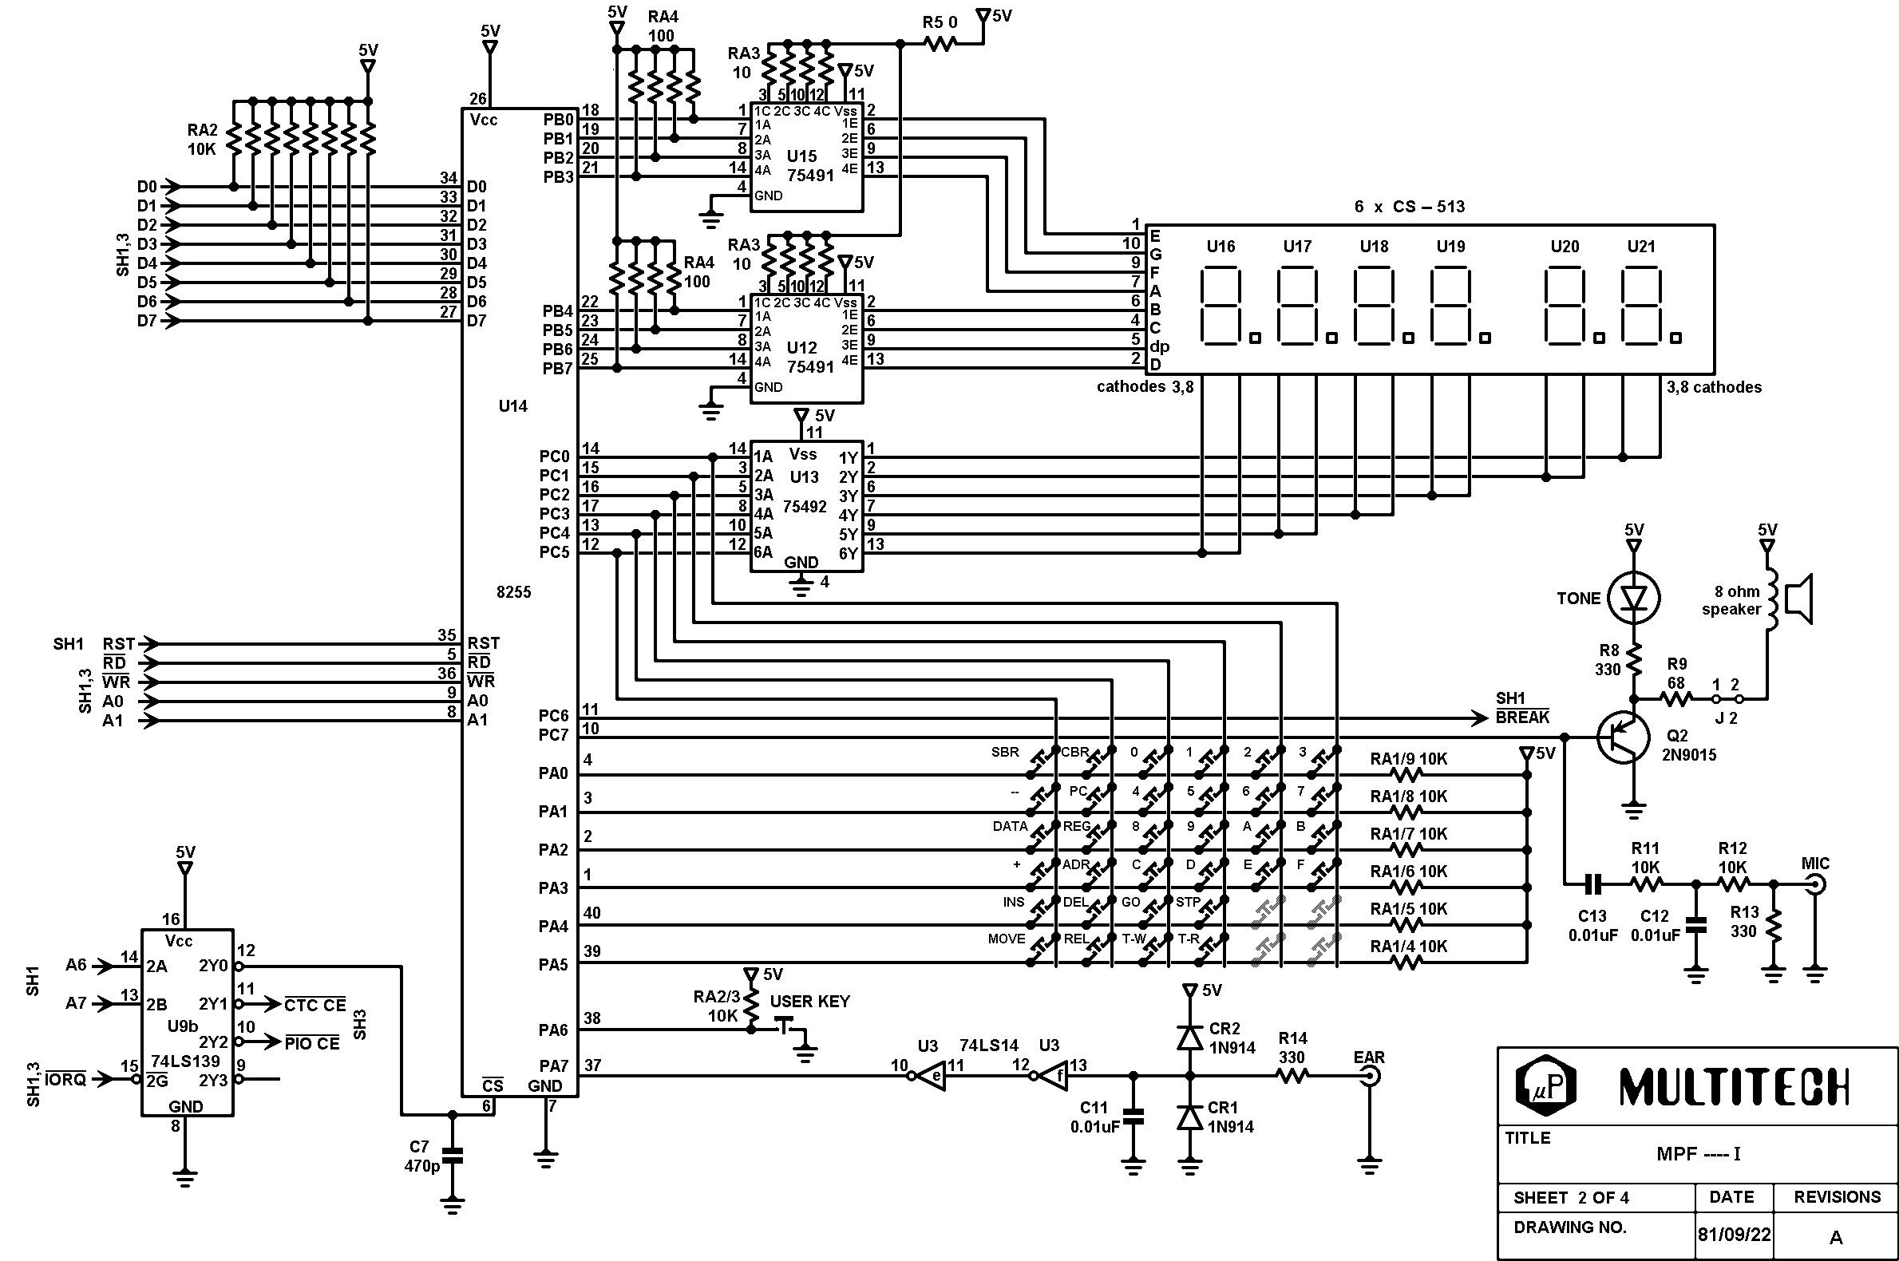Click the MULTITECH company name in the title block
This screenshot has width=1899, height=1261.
[1733, 1086]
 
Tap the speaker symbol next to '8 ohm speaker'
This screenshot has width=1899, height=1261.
[1797, 599]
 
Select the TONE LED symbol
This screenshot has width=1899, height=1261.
[1633, 599]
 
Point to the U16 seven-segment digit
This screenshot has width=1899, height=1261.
[1221, 306]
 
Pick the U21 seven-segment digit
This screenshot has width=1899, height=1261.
[1641, 306]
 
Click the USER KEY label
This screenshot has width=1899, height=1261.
[809, 1002]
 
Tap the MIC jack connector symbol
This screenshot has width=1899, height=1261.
[1815, 885]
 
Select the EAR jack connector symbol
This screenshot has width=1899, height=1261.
[1369, 1076]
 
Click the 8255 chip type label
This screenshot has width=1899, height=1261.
[513, 592]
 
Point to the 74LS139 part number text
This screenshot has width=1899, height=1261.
[185, 1061]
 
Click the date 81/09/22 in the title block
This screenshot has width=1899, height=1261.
[1734, 1235]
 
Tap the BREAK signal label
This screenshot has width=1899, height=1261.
[1521, 717]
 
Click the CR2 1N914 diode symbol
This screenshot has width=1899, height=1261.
[1189, 1038]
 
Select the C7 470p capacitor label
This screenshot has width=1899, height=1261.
[421, 1156]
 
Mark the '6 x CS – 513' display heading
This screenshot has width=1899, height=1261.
[1409, 207]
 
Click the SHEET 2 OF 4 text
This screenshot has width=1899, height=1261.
[1571, 1197]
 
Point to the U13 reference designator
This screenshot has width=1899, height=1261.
[804, 477]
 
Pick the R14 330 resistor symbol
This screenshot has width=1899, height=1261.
[1292, 1076]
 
